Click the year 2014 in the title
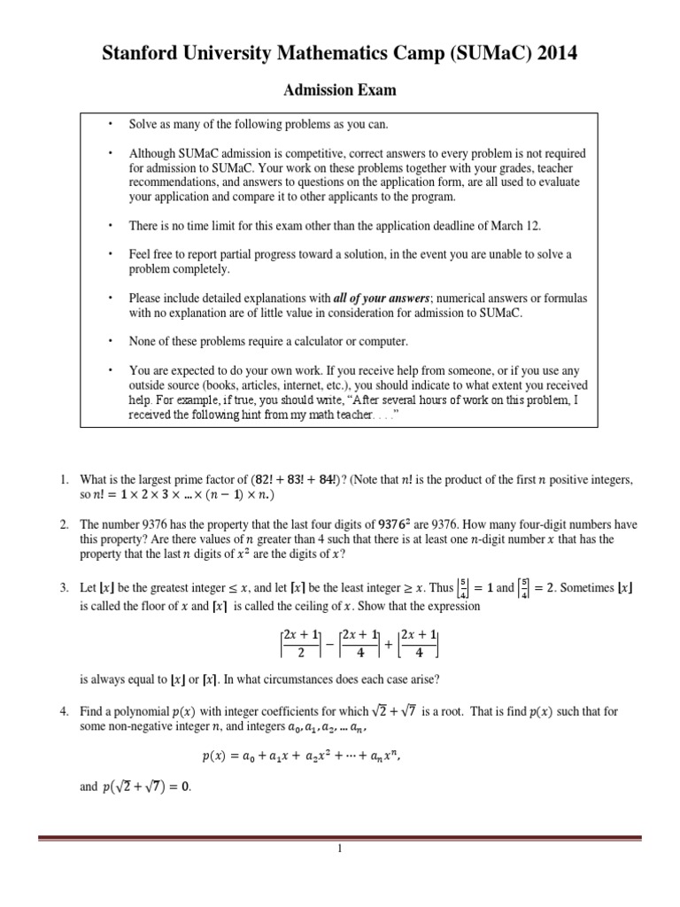552,55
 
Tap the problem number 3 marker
64,588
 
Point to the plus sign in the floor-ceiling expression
387,647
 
